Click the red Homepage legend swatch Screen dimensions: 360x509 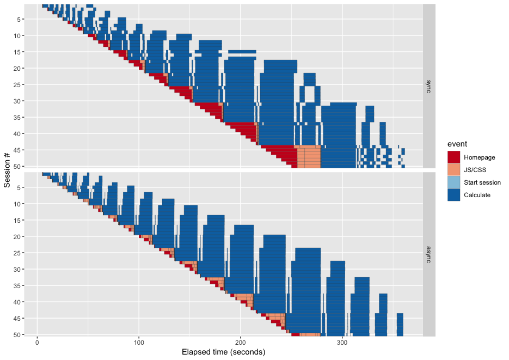454,157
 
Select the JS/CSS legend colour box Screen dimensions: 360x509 454,170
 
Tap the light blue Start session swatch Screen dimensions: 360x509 454,182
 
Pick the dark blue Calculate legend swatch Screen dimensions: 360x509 454,195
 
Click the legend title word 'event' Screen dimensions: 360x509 457,143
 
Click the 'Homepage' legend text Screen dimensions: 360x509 480,157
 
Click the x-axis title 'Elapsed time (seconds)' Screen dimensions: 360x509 223,352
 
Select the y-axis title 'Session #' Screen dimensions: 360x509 7,170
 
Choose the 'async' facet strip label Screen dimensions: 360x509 428,253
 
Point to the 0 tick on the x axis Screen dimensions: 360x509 37,343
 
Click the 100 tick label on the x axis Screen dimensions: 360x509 139,343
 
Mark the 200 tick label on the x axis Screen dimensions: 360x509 241,343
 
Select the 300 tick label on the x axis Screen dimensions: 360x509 342,343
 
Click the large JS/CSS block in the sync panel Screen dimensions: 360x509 309,157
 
